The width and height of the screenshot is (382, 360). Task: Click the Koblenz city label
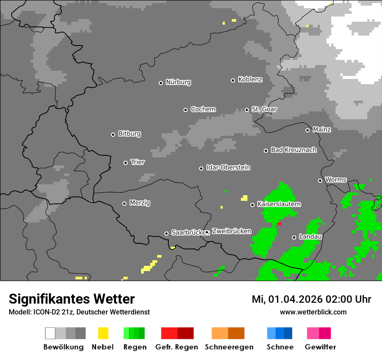(x=250, y=80)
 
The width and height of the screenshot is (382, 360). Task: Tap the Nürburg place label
(x=178, y=82)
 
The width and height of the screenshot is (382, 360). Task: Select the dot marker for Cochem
(x=185, y=110)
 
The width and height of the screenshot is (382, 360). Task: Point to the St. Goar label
(x=264, y=109)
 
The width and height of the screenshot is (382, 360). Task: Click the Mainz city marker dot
(x=307, y=130)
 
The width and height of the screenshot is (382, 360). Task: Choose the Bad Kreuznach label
(x=293, y=150)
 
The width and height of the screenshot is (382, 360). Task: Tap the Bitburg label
(x=129, y=134)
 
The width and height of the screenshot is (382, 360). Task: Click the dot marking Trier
(x=125, y=163)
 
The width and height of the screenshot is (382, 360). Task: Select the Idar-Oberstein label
(x=228, y=168)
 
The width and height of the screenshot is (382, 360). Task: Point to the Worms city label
(x=336, y=180)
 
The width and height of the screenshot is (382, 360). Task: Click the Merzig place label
(x=140, y=203)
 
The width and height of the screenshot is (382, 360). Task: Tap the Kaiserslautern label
(x=279, y=204)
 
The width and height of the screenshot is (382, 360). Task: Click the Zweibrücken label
(x=231, y=231)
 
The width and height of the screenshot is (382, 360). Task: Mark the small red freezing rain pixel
(x=279, y=224)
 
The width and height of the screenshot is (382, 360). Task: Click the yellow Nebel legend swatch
(x=103, y=333)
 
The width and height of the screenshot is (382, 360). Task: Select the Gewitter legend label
(x=320, y=347)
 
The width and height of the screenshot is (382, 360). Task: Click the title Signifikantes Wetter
(x=72, y=299)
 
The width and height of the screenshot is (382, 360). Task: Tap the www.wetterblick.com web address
(x=313, y=312)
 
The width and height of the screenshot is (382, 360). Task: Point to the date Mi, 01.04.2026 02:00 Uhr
(x=311, y=299)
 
